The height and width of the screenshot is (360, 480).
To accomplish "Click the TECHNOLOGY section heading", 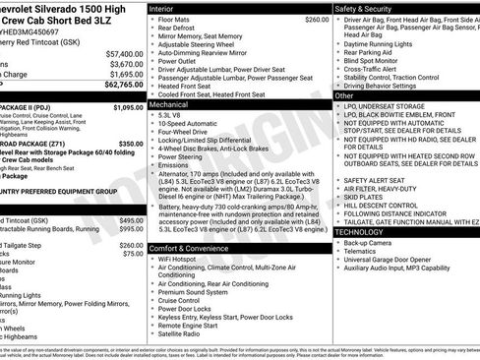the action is coord(364,230).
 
